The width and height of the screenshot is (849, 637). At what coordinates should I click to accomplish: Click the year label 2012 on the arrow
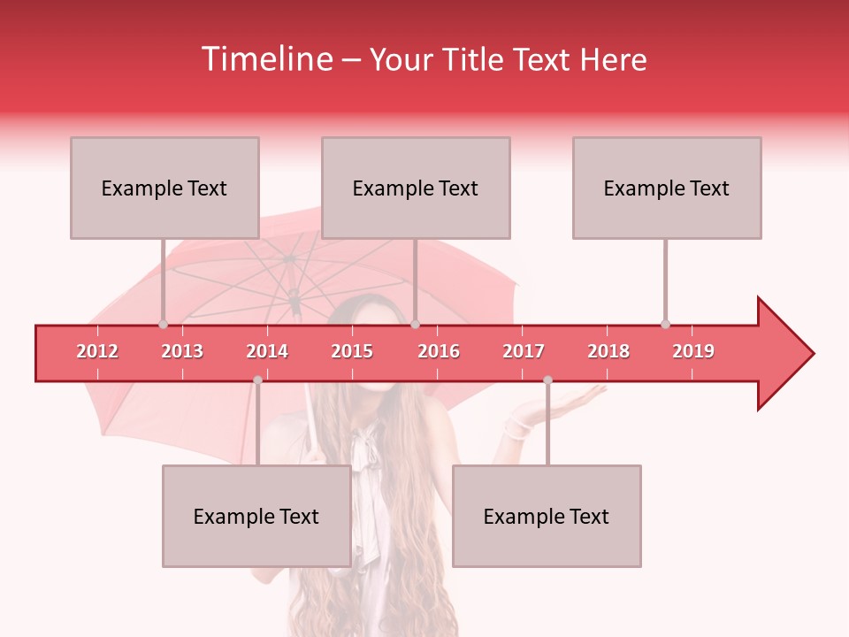[97, 351]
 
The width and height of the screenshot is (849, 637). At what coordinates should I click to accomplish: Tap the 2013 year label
[182, 351]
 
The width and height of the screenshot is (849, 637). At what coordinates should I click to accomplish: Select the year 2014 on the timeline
[267, 351]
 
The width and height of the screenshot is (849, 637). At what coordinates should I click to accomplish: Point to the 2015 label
[352, 351]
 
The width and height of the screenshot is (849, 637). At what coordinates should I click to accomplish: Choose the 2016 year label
[439, 351]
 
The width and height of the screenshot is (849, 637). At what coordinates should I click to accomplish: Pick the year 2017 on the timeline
[524, 351]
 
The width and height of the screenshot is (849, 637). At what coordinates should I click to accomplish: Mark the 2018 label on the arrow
[608, 351]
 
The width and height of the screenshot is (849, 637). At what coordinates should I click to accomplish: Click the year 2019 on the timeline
[693, 351]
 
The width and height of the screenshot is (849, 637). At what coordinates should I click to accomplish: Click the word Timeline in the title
[264, 59]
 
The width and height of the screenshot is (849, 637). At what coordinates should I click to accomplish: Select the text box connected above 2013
[164, 188]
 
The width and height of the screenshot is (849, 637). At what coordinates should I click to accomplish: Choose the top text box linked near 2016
[416, 188]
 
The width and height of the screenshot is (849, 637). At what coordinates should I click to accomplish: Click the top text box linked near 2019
[667, 188]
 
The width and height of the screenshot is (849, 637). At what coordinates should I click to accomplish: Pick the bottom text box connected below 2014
[256, 516]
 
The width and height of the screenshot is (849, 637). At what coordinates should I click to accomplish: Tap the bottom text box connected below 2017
[547, 516]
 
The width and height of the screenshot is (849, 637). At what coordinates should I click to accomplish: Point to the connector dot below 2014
[257, 380]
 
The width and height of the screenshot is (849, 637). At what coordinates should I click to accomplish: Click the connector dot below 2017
[547, 380]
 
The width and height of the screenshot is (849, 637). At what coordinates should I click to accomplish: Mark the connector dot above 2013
[163, 324]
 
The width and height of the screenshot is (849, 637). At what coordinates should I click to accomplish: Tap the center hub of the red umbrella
[289, 259]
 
